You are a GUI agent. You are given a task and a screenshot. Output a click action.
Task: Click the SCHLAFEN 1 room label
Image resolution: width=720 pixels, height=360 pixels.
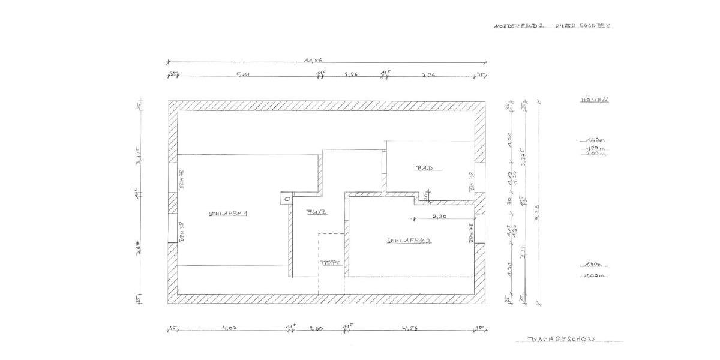tap(228, 214)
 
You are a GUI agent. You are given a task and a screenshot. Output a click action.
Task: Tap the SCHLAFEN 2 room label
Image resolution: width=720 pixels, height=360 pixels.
tap(409, 241)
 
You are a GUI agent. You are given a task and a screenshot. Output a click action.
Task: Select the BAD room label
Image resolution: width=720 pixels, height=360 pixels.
tap(425, 169)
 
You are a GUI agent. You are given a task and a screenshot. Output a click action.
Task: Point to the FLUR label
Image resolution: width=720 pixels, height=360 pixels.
tap(316, 212)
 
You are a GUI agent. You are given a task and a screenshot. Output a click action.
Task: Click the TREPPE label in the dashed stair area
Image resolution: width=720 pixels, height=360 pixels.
tap(331, 262)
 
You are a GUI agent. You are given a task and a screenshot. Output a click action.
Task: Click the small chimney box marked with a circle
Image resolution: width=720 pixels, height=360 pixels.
tap(287, 199)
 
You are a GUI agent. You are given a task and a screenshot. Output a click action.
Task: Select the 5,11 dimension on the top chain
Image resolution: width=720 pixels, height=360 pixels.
tap(242, 75)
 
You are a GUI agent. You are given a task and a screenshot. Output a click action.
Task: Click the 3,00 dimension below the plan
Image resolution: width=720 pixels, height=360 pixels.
tap(316, 328)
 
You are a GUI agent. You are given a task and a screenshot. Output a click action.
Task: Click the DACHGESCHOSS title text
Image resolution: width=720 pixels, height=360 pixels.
tap(562, 339)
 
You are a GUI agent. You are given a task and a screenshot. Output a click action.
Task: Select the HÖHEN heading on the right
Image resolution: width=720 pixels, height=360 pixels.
tap(594, 100)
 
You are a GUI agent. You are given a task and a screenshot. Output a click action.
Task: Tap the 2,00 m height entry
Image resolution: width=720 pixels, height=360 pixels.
tap(594, 154)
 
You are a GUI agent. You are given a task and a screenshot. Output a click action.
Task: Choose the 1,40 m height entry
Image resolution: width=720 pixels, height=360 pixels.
tap(593, 264)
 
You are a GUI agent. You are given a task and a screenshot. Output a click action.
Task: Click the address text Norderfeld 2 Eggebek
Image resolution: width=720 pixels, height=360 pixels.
tap(553, 26)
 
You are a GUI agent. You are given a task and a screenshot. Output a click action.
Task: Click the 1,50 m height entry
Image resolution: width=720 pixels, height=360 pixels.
tap(593, 140)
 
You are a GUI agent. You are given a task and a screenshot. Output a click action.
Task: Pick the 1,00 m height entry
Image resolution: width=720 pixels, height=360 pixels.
tap(593, 276)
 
